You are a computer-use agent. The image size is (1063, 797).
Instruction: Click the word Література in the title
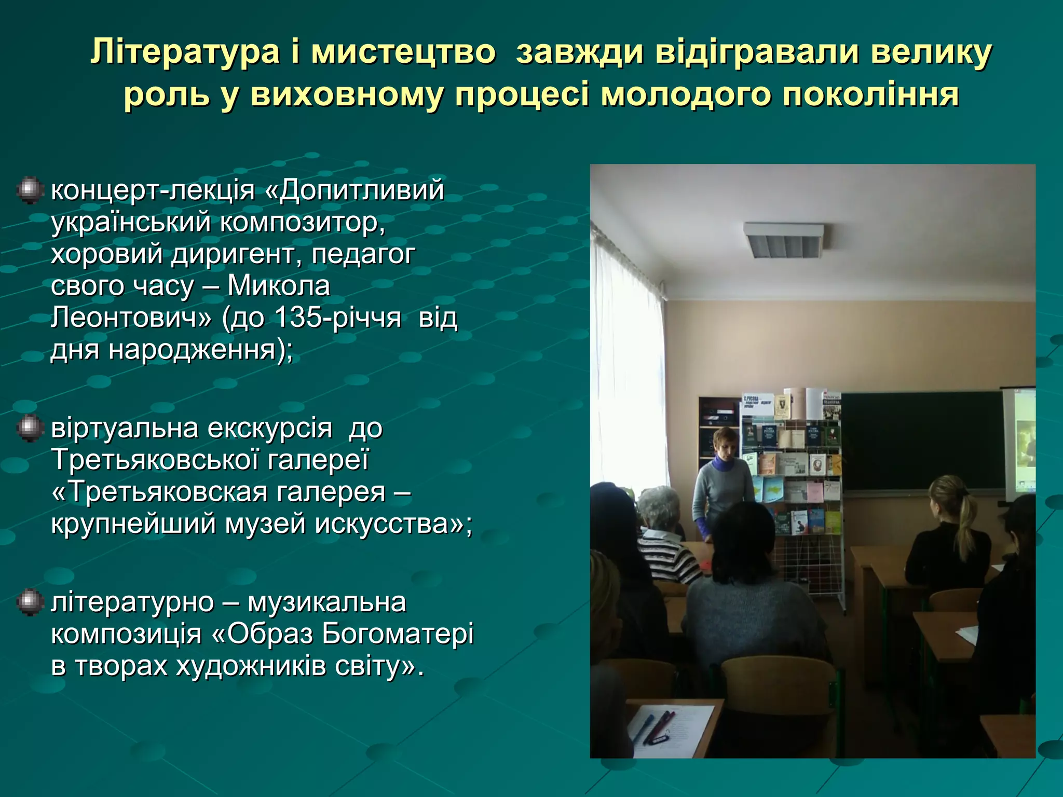tap(185, 52)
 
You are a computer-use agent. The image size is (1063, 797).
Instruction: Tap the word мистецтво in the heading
tap(403, 52)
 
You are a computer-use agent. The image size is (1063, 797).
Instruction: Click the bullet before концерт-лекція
tap(30, 190)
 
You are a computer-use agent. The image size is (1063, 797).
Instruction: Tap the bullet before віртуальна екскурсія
tap(30, 429)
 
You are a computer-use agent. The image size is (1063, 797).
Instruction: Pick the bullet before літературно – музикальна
tap(30, 602)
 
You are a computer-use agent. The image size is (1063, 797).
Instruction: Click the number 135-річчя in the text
tap(337, 317)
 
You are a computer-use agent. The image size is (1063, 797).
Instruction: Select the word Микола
tap(279, 285)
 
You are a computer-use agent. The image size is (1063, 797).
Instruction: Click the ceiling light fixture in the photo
tap(783, 241)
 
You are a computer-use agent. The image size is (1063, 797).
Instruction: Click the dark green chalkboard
tap(921, 441)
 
